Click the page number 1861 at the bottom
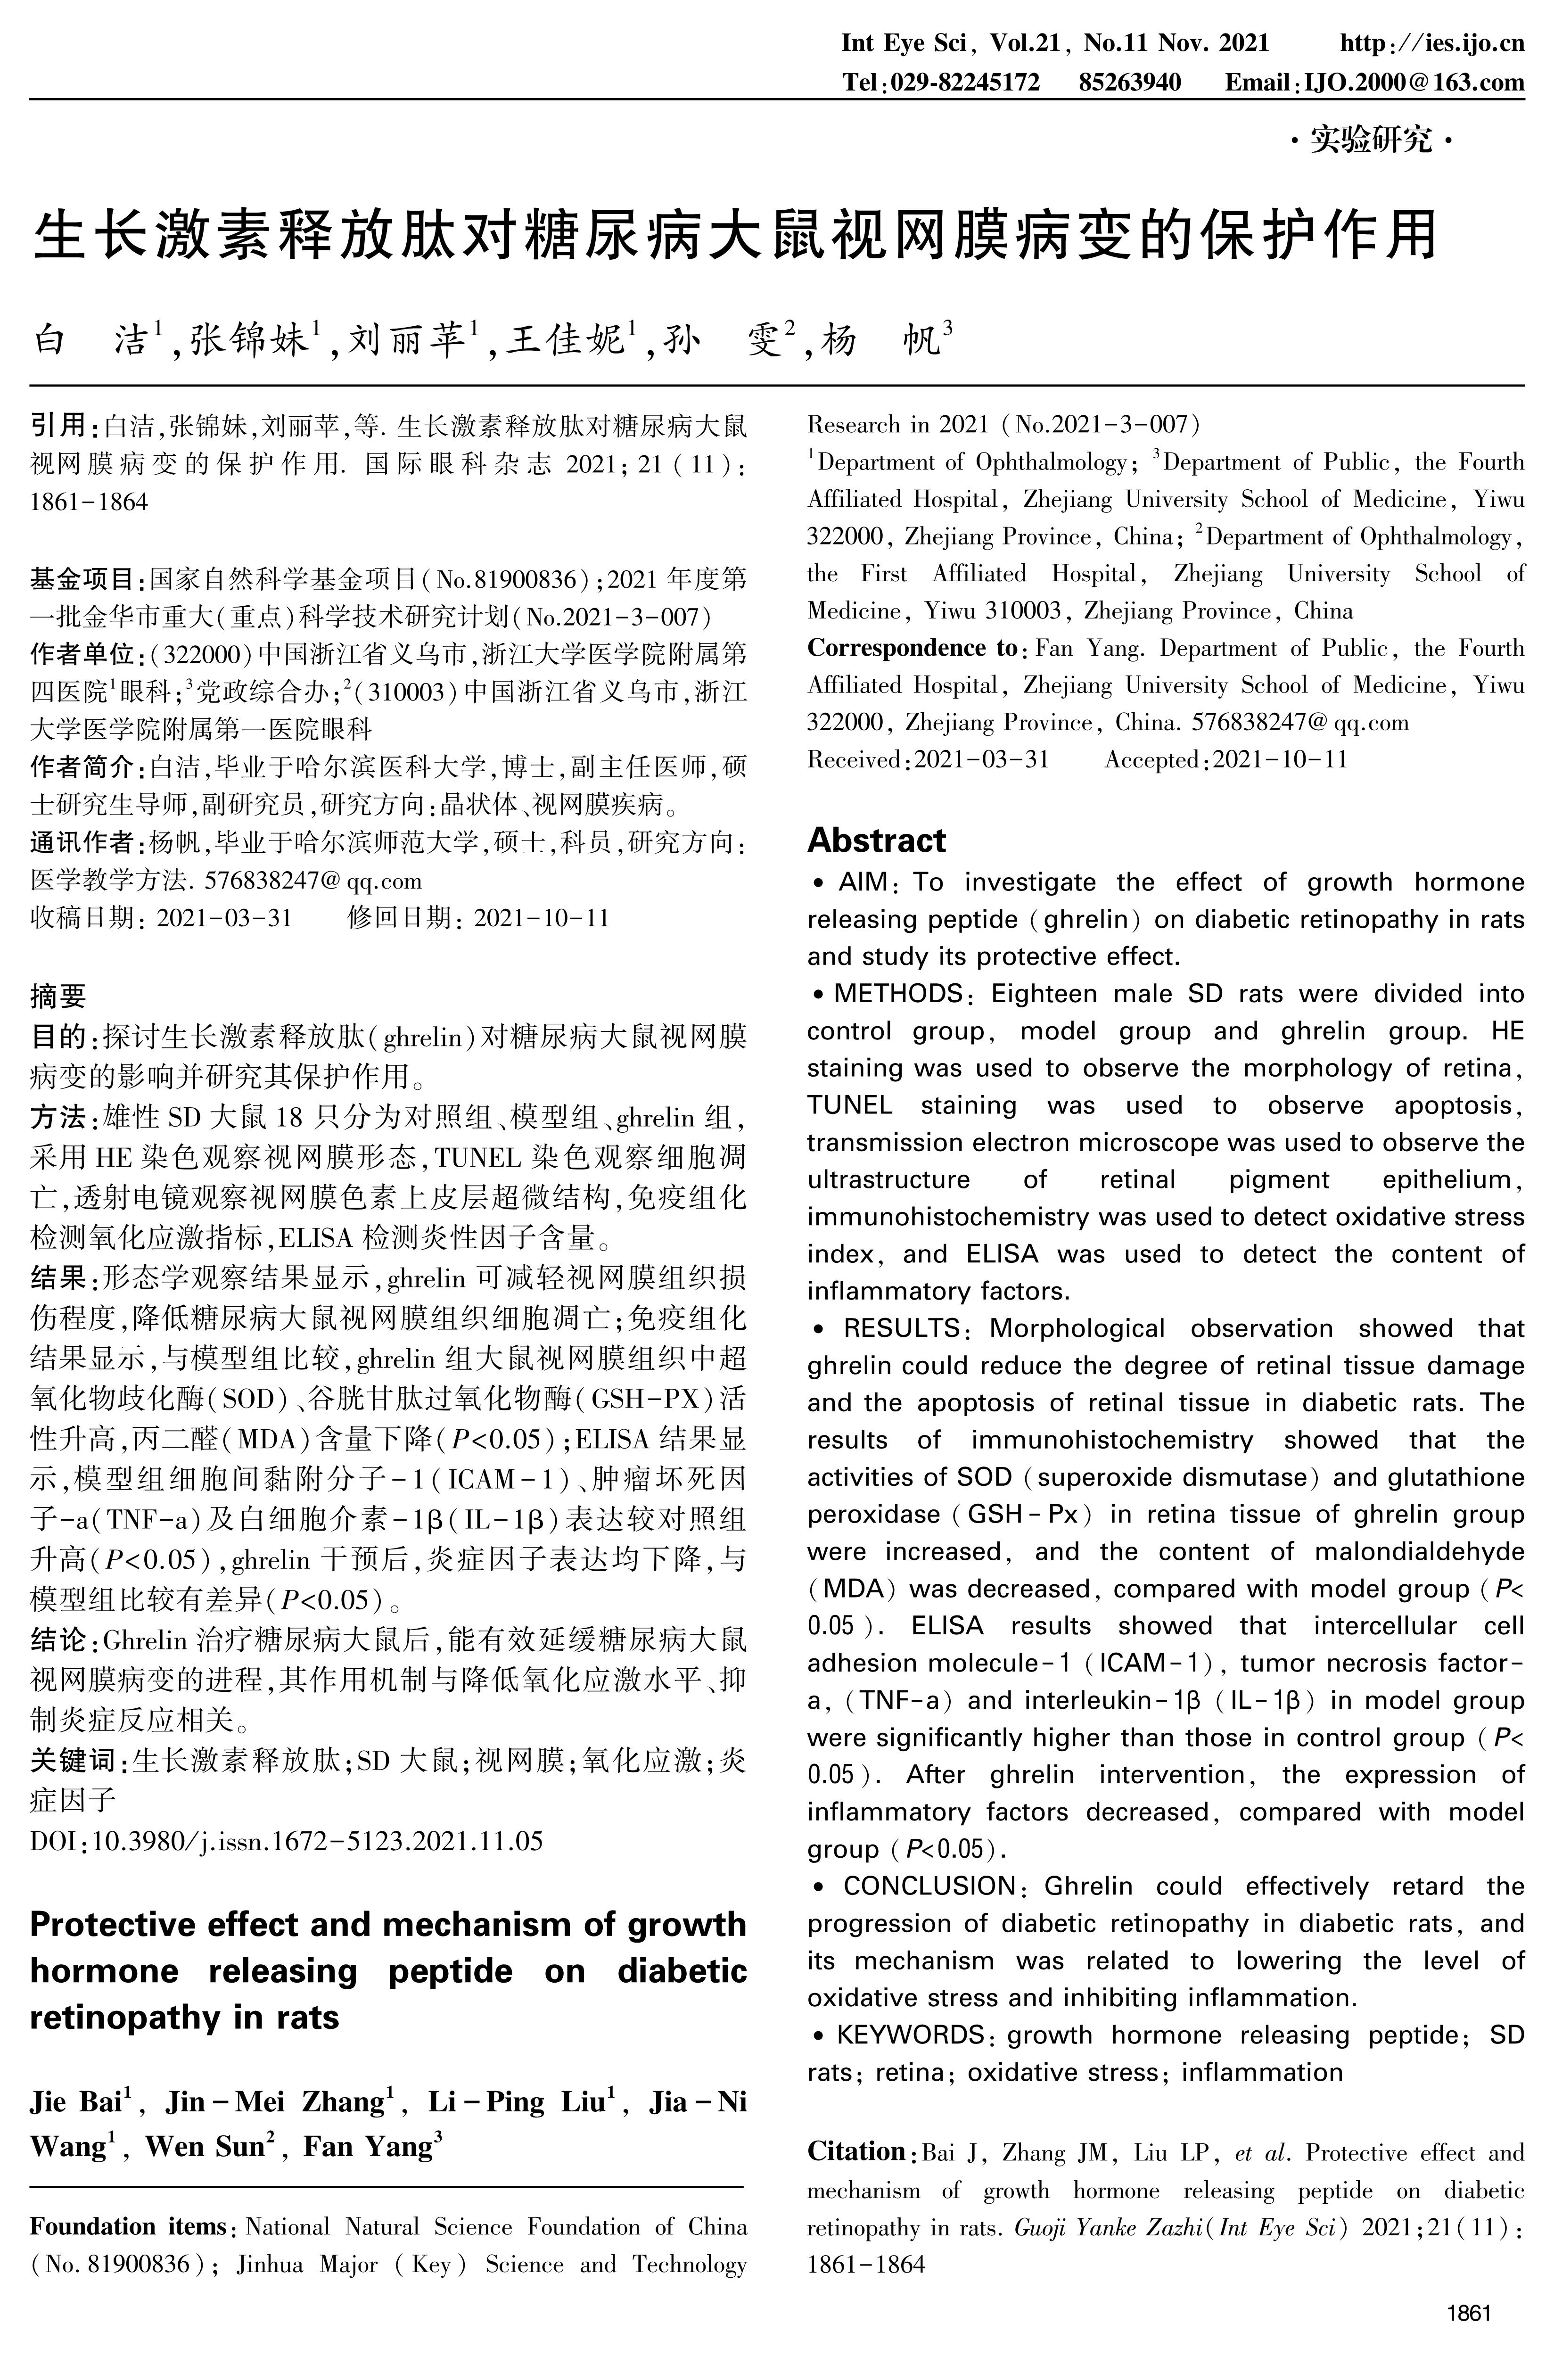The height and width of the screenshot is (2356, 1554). coord(1469,2314)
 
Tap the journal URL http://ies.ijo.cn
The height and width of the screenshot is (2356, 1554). coord(1432,44)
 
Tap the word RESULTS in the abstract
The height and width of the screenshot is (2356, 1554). coord(902,1328)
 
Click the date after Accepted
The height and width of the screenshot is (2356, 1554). coord(1281,760)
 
